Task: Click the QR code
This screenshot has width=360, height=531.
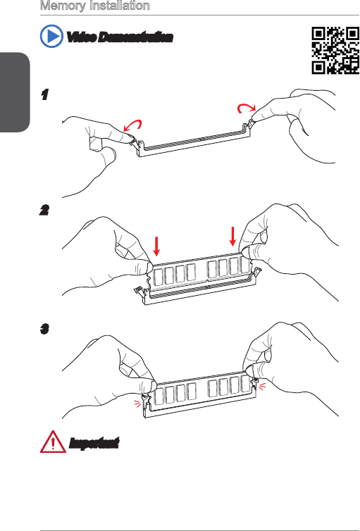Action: pos(335,51)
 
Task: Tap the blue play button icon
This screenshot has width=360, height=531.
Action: pos(51,36)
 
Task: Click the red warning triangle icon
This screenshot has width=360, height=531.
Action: pos(53,442)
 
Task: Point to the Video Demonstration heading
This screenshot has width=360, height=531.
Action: pos(120,37)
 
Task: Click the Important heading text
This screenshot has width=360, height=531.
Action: pos(94,443)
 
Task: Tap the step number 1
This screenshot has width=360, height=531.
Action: pos(44,94)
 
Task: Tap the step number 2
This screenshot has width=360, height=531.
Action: pos(44,211)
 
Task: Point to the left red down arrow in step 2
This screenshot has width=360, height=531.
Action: pos(156,246)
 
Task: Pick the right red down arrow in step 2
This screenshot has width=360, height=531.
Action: pos(232,237)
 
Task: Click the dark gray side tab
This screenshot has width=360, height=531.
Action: pos(15,92)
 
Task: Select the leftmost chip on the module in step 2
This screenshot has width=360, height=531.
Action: pos(158,276)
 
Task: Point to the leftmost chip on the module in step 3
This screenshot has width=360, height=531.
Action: pos(159,395)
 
